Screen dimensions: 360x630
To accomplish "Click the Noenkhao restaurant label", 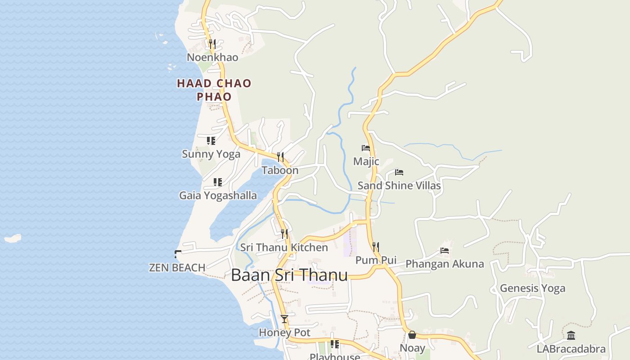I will [x=212, y=57].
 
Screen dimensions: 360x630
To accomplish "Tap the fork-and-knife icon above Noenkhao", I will [x=212, y=44].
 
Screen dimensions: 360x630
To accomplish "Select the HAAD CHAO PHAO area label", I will [x=214, y=90].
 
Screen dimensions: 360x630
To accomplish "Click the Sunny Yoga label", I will [x=211, y=154].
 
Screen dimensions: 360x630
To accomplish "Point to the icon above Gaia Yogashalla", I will [x=218, y=182].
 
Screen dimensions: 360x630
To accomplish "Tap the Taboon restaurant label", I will [x=280, y=170].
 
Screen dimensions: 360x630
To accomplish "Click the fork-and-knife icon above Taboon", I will [x=280, y=157].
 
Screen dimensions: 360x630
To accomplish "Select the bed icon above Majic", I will [x=366, y=148].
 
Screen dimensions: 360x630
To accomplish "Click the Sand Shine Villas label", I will [x=399, y=185].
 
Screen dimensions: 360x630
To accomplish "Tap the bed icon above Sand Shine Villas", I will [x=399, y=172].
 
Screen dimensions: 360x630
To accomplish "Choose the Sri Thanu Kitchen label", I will [x=284, y=247].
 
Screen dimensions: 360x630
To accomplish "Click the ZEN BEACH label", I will [x=177, y=267].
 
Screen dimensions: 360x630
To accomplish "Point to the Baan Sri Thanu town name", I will [x=289, y=275].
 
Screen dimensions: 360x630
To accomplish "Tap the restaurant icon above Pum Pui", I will [x=376, y=247].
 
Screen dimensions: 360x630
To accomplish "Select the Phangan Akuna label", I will [x=445, y=264].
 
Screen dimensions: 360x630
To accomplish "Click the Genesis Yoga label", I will [x=532, y=288].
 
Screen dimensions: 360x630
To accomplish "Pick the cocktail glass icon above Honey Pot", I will [x=284, y=319].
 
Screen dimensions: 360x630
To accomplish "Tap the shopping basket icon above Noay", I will [x=412, y=335].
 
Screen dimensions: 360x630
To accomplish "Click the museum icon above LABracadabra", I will [x=571, y=335].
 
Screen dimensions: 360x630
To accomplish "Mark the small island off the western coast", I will [x=13, y=238].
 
